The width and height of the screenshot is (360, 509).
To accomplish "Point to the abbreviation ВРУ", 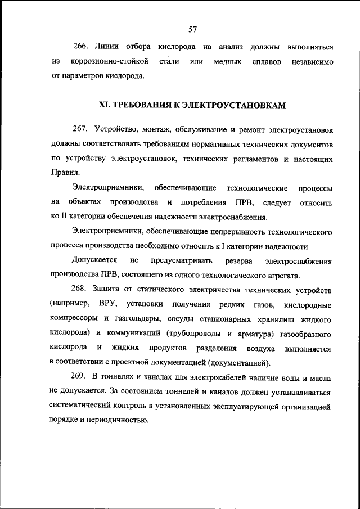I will click(107, 304).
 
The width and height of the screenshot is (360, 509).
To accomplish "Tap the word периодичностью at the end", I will click(118, 420).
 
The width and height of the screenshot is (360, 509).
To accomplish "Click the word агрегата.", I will click(284, 275).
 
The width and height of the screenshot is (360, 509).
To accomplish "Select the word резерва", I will click(223, 260).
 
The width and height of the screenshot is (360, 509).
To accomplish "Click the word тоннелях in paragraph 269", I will click(119, 376).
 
